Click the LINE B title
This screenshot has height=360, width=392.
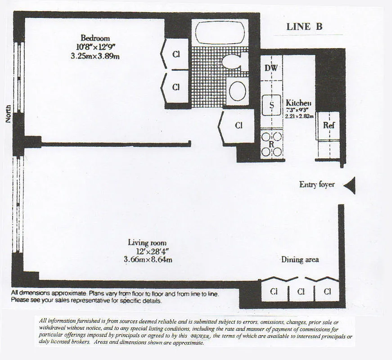304,27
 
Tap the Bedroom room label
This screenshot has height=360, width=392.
95,38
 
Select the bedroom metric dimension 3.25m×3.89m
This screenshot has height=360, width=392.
95,56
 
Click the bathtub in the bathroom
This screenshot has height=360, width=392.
220,32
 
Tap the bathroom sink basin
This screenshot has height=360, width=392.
237,91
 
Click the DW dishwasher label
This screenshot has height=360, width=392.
270,68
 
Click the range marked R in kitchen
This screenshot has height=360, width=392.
271,144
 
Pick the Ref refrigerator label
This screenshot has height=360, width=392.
329,126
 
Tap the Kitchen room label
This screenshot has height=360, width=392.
298,103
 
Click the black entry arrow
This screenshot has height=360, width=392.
350,185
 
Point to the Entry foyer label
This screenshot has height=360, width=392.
317,184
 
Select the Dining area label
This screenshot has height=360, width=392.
300,260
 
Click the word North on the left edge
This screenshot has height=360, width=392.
8,114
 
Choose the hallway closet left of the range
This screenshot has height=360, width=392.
239,126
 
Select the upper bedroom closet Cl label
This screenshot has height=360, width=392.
176,54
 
